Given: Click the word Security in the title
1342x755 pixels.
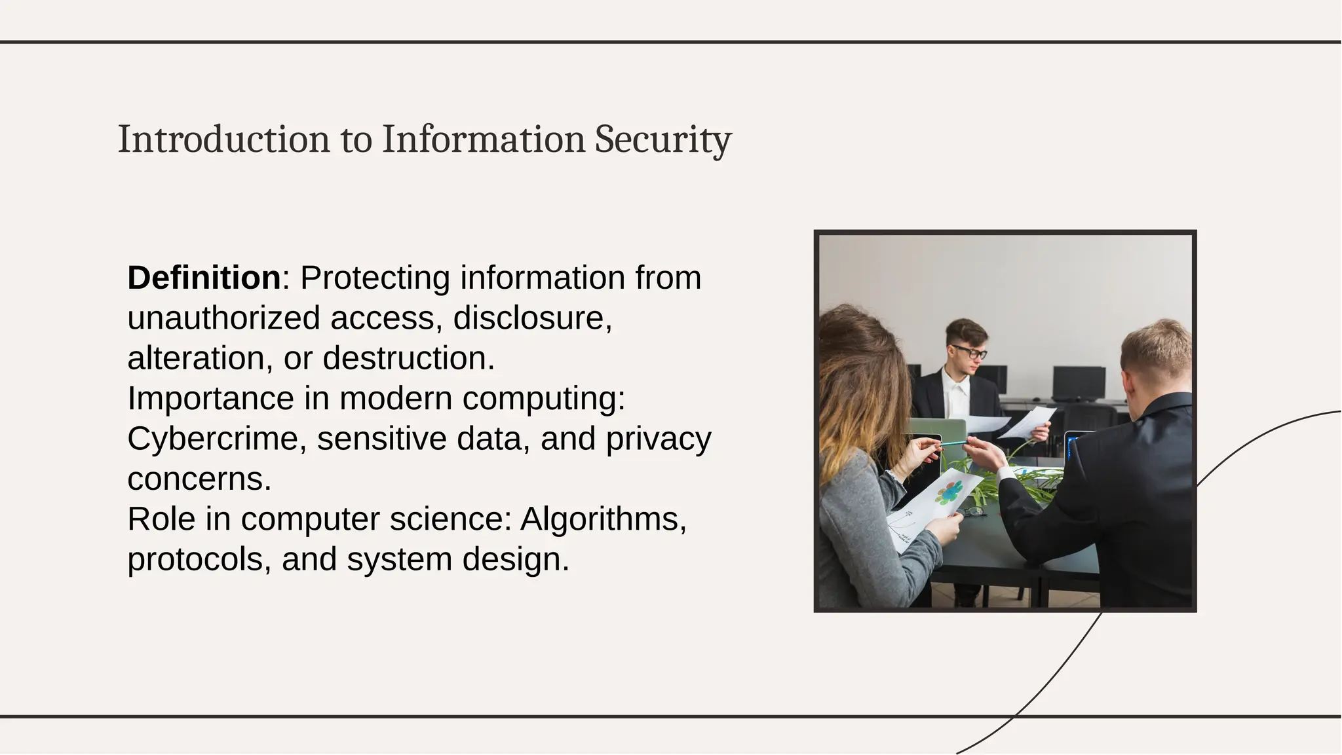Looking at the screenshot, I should click(x=662, y=139).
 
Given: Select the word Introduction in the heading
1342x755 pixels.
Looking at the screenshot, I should click(x=223, y=139).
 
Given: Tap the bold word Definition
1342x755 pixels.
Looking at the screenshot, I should click(x=204, y=278).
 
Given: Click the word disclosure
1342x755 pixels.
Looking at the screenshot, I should click(x=532, y=318).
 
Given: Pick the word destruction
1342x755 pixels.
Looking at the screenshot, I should click(x=408, y=358).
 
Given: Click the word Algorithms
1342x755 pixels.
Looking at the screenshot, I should click(x=603, y=519).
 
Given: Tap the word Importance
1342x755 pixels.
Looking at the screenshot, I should click(x=210, y=399).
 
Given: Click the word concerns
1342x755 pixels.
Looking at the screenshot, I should click(x=199, y=479).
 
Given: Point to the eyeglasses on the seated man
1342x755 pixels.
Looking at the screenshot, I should click(x=970, y=352).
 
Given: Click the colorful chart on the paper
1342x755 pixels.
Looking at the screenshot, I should click(x=951, y=491).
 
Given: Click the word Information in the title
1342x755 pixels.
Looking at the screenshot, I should click(x=484, y=139).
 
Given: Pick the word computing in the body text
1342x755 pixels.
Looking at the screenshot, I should click(x=543, y=399).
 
